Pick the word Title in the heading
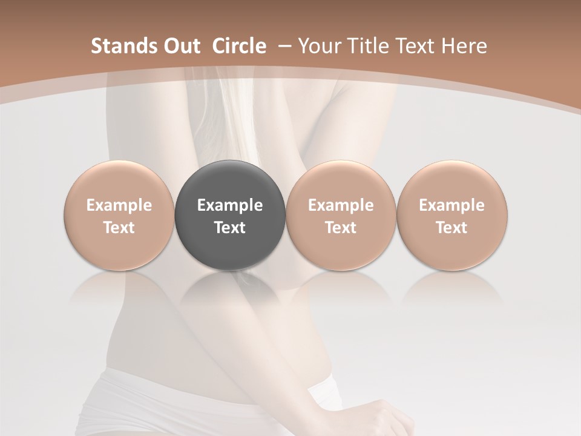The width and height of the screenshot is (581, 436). point(369,46)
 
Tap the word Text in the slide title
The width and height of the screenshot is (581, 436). point(418,46)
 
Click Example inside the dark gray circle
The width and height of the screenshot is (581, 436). point(230,205)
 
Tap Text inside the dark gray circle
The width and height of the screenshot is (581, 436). point(230,228)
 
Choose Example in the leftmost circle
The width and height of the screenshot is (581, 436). point(119,205)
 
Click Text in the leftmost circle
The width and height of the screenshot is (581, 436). point(119,228)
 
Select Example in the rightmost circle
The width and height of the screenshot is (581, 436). point(452,205)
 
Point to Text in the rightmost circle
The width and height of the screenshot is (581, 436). point(452,228)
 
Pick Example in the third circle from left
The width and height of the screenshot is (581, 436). point(341,205)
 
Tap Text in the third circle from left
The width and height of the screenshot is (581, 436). point(341,228)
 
